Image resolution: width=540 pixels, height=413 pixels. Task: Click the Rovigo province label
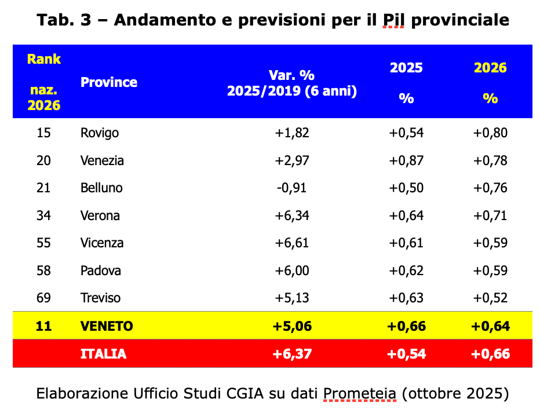coord(100,133)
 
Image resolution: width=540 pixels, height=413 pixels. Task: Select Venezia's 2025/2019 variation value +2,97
coord(292,160)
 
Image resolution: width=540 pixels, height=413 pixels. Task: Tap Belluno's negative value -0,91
coord(292,188)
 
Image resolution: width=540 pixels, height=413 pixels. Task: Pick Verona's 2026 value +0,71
coord(490,215)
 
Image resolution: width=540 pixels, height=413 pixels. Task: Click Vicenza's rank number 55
coord(43,243)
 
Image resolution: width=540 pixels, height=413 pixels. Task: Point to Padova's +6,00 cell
coord(292,271)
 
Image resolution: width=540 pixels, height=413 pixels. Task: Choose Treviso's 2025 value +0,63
coord(406,298)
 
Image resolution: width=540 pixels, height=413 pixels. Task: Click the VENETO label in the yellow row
coord(107,326)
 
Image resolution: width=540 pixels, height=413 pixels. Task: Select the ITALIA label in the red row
coord(103,354)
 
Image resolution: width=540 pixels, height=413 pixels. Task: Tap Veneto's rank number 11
coord(43,326)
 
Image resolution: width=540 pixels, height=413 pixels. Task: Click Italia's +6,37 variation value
coord(292,354)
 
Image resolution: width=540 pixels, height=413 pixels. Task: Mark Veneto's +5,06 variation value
coord(292,326)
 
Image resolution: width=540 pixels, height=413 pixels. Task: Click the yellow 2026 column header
coord(490,68)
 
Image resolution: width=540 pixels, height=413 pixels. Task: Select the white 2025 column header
coord(406,68)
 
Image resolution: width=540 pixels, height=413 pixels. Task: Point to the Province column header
coord(109,82)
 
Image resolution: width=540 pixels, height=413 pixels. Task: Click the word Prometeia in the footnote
coord(359,394)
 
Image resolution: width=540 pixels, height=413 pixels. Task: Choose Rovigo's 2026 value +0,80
coord(490,133)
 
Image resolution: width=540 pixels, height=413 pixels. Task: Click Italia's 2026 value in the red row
coord(490,354)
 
